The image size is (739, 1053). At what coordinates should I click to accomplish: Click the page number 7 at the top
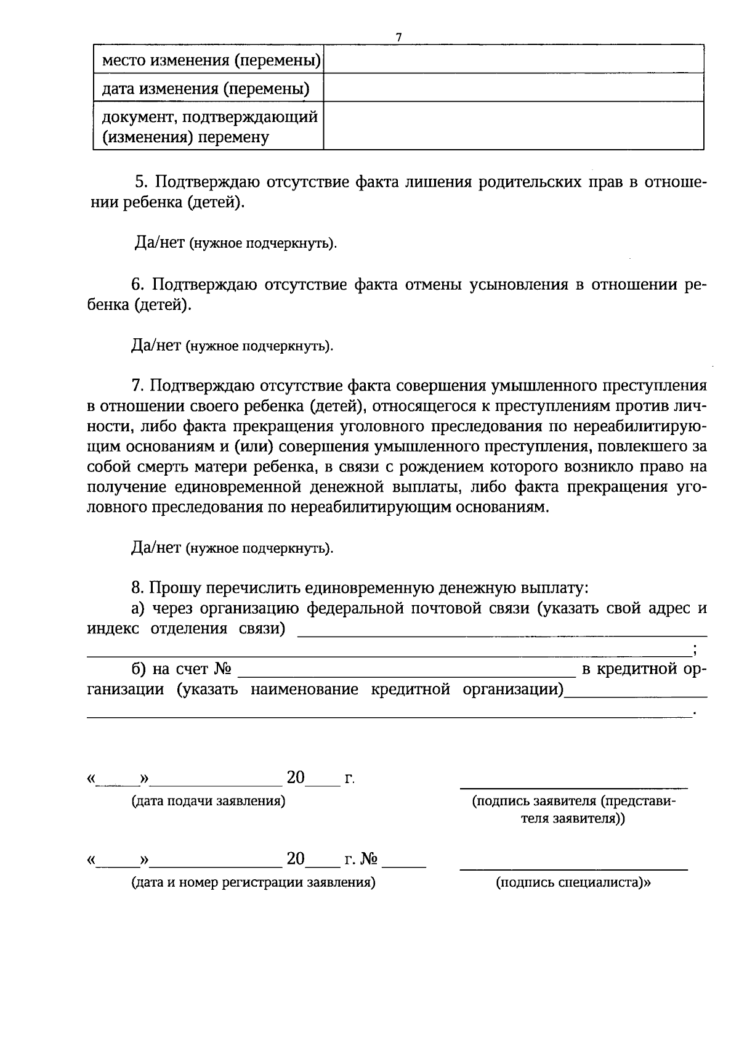(398, 38)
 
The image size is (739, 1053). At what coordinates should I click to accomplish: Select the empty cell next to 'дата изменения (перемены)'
(514, 87)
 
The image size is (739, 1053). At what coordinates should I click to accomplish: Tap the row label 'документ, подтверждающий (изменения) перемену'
(209, 126)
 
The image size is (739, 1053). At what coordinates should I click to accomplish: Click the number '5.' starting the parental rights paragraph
(142, 182)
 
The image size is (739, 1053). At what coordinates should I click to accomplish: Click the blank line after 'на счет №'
(406, 675)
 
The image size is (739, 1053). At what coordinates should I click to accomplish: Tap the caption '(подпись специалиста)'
(573, 882)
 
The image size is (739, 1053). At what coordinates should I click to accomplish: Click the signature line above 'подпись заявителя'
(573, 787)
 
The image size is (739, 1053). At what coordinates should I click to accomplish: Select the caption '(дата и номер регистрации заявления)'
(253, 882)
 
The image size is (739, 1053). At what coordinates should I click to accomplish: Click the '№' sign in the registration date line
(369, 859)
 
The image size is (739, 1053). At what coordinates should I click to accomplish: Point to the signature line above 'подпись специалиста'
(573, 869)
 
